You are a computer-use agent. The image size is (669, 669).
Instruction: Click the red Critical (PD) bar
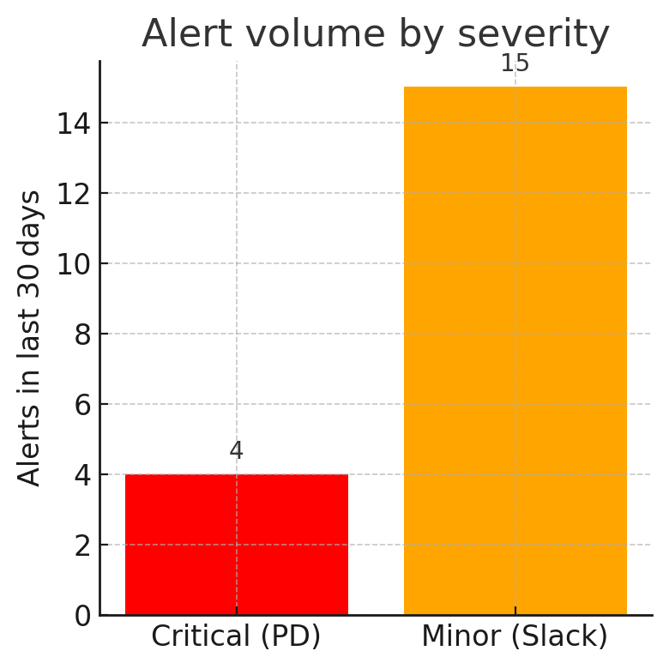[237, 545]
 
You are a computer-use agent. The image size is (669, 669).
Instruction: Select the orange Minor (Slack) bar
[515, 351]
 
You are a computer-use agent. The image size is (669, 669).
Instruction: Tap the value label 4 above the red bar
[237, 451]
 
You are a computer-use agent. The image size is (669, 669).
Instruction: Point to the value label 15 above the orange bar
[515, 63]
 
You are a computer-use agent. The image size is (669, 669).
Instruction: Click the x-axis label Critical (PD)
[237, 636]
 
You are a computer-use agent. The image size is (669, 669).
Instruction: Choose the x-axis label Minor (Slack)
[515, 636]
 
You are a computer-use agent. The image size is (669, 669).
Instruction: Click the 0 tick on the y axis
[82, 616]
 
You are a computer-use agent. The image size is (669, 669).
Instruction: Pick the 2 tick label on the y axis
[82, 545]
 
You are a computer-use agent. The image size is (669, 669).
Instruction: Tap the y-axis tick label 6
[82, 405]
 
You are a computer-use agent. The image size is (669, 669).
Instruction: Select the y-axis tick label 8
[82, 334]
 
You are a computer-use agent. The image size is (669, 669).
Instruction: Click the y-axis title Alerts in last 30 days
[30, 338]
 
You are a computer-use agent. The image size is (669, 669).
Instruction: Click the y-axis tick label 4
[82, 475]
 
